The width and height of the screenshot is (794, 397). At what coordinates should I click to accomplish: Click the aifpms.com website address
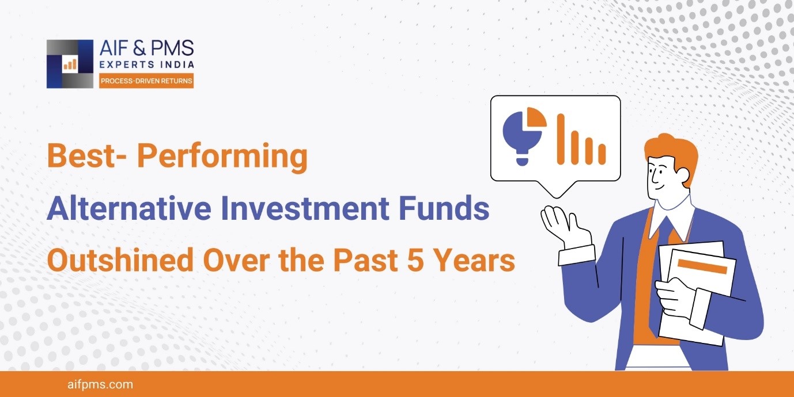(100, 384)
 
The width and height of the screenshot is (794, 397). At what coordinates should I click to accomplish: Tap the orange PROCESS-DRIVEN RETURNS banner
(146, 81)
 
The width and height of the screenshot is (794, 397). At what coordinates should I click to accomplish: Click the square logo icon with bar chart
(70, 64)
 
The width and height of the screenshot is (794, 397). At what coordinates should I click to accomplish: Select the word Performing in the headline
(222, 157)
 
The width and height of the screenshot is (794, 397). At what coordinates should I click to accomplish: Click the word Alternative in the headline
(129, 208)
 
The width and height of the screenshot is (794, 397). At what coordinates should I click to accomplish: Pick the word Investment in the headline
(305, 208)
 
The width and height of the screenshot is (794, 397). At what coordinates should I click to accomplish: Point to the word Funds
(444, 208)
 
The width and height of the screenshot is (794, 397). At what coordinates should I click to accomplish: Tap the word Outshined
(120, 260)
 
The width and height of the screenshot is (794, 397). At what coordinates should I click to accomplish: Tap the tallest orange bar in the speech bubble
(561, 139)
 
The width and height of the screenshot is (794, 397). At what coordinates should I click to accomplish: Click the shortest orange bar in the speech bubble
(602, 154)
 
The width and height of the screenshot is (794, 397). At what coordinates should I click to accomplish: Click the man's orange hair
(670, 152)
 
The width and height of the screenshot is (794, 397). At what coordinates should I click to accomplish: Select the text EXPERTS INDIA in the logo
(147, 64)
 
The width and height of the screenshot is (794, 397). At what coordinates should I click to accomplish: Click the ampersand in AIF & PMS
(139, 48)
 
